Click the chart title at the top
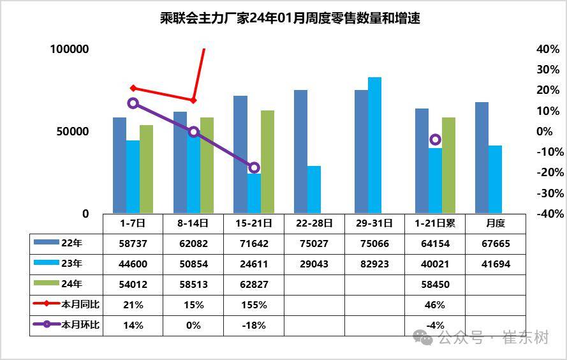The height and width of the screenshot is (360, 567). click(283, 19)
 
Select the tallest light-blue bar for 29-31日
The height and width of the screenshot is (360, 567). click(374, 146)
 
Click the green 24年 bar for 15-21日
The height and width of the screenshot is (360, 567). click(267, 162)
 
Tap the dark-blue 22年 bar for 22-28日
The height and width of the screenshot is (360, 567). click(300, 152)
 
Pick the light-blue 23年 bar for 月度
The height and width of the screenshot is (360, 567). click(495, 179)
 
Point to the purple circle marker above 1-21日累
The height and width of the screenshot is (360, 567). click(435, 140)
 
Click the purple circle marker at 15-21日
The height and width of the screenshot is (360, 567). click(254, 168)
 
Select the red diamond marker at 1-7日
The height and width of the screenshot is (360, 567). click(133, 88)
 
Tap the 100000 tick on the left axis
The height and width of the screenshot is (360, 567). click(70, 50)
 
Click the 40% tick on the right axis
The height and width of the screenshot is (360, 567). click(547, 50)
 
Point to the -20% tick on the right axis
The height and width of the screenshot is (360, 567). click(547, 172)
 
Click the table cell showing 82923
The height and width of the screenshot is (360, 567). click(374, 264)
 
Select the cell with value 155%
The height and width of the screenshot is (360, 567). click(254, 305)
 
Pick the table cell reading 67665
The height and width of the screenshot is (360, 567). click(495, 244)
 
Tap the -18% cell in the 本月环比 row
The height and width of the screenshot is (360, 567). click(254, 326)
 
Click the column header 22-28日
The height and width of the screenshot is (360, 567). click(314, 224)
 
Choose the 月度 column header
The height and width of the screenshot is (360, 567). click(495, 224)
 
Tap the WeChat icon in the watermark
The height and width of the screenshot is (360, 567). click(422, 337)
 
